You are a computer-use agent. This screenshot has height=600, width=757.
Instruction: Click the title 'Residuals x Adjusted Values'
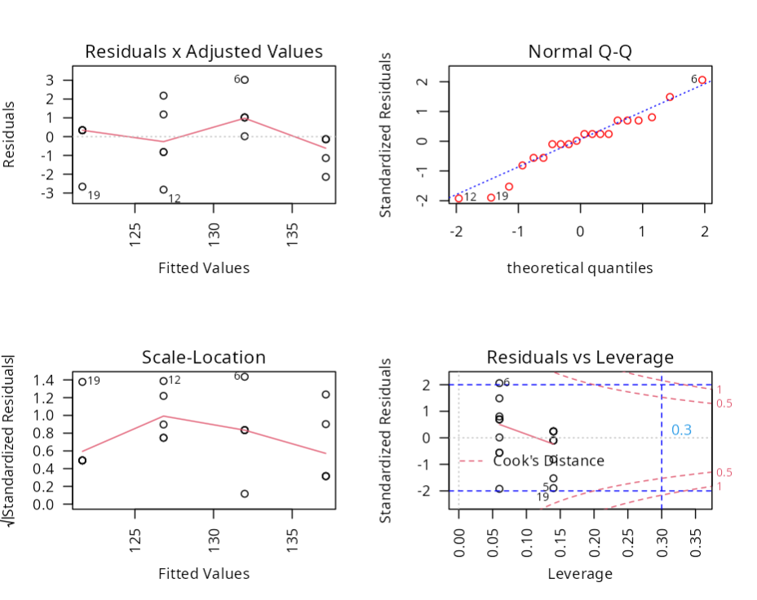(x=204, y=51)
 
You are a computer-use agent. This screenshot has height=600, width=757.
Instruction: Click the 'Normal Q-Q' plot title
(x=580, y=51)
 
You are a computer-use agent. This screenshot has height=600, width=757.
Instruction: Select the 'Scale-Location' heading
(x=204, y=357)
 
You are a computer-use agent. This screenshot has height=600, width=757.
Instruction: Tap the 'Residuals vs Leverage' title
(x=580, y=357)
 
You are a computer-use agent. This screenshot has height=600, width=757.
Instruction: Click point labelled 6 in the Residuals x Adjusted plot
(x=245, y=80)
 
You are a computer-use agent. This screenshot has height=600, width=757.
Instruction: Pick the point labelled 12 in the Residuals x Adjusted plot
(x=163, y=190)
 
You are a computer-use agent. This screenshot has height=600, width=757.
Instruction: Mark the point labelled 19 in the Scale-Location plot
(x=82, y=382)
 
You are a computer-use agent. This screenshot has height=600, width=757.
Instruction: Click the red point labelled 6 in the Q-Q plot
(x=702, y=80)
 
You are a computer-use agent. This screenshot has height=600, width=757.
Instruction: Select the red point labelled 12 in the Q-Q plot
(x=458, y=198)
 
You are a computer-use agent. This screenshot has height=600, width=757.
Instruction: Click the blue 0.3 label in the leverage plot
(x=681, y=430)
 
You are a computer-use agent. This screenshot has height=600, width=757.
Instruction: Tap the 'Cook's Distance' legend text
(x=548, y=461)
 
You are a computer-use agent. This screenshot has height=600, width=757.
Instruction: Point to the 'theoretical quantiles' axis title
(x=580, y=267)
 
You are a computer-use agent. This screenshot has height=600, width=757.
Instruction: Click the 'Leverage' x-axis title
(x=580, y=573)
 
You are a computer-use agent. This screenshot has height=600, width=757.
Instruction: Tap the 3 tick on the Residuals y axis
(x=50, y=80)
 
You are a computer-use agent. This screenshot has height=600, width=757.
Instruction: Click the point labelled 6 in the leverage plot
(x=499, y=383)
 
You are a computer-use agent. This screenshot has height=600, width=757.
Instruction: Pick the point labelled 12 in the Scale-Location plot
(x=163, y=381)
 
